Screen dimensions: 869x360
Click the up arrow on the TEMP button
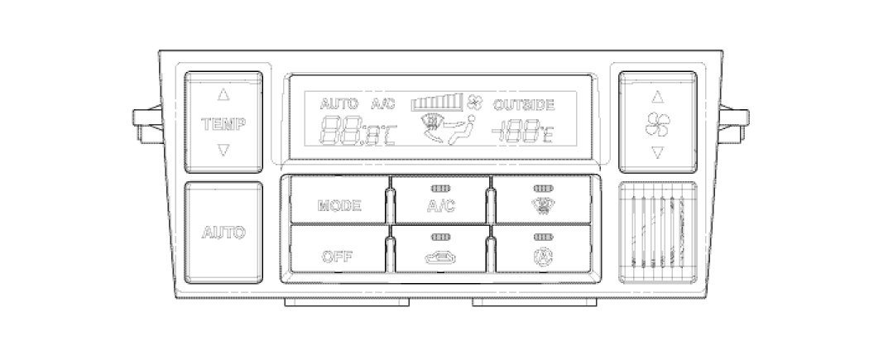(223, 94)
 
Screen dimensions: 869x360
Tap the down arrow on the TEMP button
(223, 150)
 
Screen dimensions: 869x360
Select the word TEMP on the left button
(223, 124)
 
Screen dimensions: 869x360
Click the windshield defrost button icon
(543, 204)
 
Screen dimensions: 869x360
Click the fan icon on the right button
(658, 124)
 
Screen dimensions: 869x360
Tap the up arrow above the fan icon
(658, 94)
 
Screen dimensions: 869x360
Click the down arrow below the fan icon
(658, 151)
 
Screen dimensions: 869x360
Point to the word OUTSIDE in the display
(524, 104)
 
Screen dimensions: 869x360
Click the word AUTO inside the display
(339, 104)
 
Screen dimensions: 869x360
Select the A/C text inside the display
(383, 104)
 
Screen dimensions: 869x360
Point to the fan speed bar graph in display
(438, 103)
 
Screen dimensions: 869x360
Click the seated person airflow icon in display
(448, 130)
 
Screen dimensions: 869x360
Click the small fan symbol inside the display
(475, 103)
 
